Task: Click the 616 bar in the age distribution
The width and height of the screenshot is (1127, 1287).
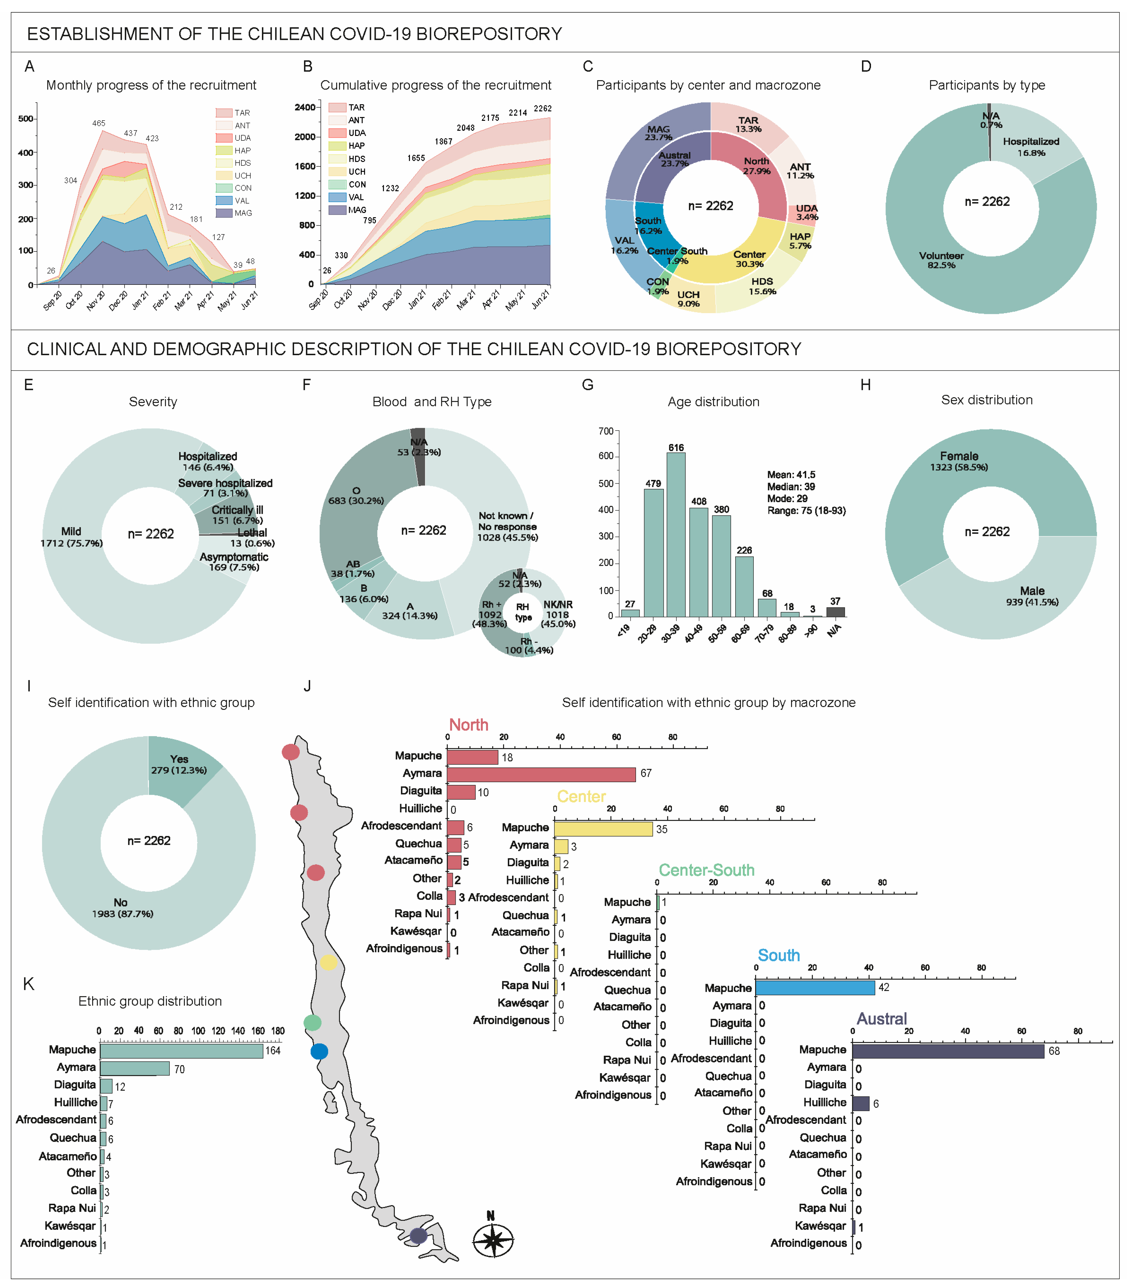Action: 676,534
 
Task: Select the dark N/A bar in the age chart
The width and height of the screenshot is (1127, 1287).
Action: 835,612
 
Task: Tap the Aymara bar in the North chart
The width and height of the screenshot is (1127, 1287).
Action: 541,774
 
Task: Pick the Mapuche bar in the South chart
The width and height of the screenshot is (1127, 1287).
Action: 815,988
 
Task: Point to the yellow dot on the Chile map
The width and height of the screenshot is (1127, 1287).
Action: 328,962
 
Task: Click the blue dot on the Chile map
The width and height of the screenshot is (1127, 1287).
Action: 319,1051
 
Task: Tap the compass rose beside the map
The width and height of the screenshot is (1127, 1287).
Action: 494,1240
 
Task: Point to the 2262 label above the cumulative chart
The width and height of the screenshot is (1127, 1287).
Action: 542,108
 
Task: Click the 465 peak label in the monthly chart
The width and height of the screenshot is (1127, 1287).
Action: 99,123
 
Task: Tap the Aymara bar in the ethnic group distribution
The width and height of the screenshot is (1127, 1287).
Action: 135,1068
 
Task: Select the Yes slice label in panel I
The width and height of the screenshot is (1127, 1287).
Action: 179,759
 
